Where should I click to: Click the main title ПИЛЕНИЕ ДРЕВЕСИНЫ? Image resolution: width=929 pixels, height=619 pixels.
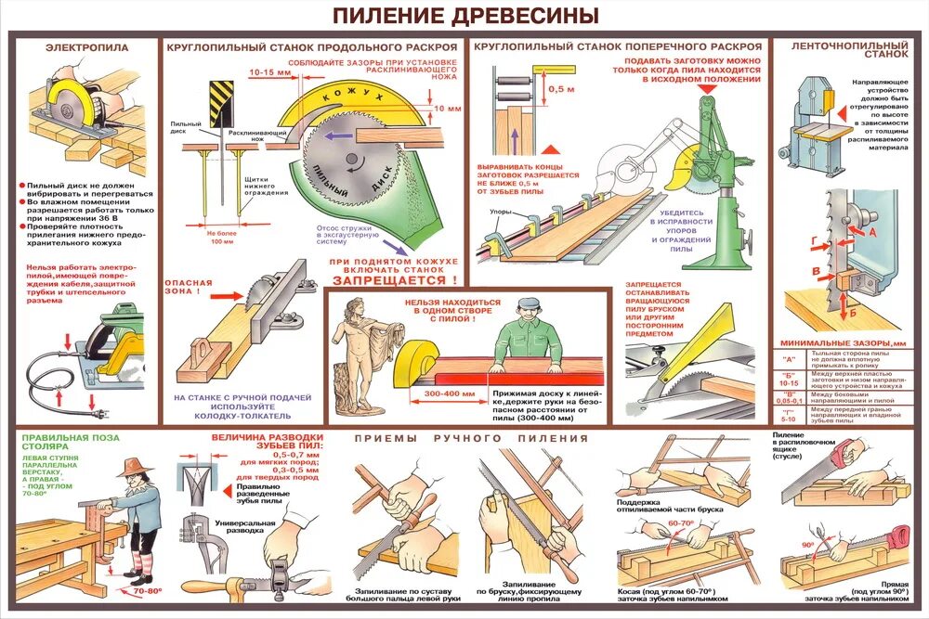(464, 16)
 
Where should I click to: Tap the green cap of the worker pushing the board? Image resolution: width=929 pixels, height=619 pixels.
(529, 303)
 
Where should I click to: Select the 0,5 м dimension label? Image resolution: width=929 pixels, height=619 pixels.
(556, 89)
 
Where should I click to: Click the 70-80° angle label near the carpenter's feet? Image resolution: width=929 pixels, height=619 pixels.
(146, 590)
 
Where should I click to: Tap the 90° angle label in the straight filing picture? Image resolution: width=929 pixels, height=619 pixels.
(808, 545)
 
